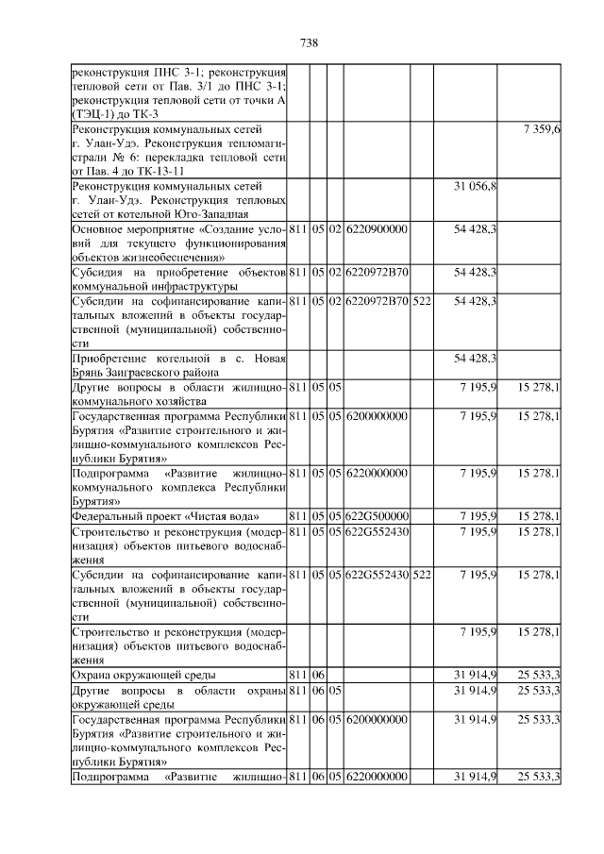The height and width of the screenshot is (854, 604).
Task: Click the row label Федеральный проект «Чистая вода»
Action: click(166, 516)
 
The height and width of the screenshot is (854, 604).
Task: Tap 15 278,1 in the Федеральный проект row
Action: click(539, 516)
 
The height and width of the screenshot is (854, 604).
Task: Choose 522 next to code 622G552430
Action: click(422, 575)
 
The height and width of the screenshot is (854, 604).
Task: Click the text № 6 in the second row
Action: click(120, 158)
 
